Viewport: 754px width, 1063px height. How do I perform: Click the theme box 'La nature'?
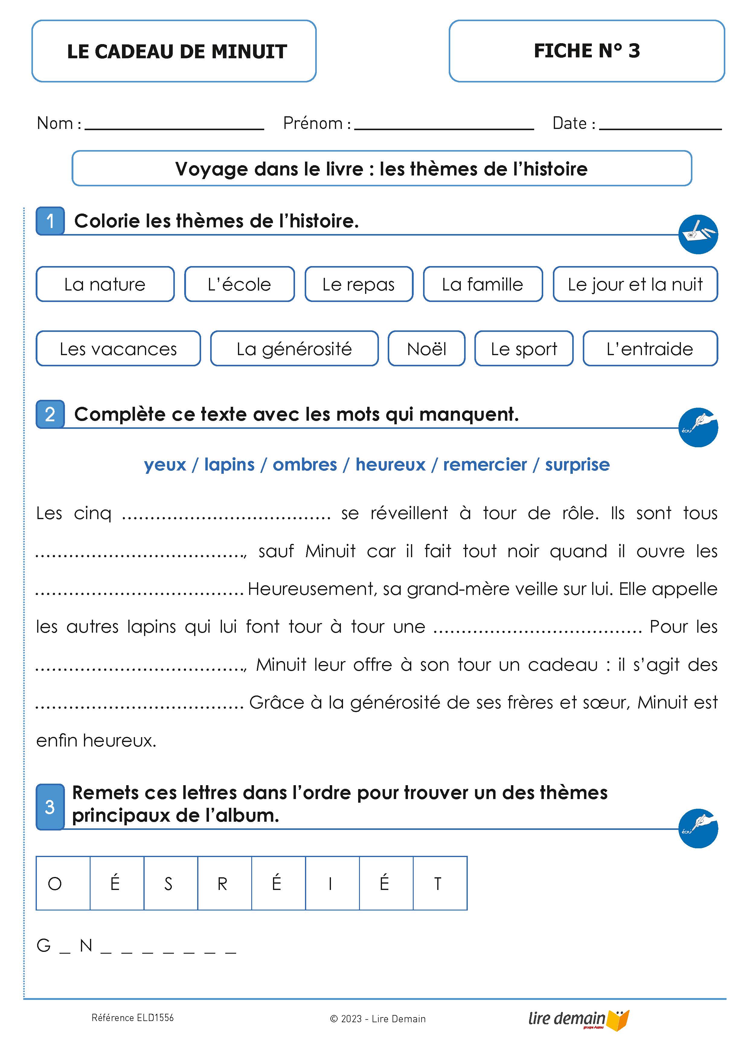click(105, 284)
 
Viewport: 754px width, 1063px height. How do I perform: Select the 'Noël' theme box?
click(426, 348)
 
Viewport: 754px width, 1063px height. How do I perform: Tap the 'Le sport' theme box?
click(524, 348)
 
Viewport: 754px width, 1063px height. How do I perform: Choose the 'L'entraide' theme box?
click(650, 348)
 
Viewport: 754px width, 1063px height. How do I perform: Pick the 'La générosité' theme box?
click(294, 348)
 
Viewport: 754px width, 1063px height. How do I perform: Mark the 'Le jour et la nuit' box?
click(635, 284)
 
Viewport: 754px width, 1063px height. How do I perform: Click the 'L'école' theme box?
click(239, 284)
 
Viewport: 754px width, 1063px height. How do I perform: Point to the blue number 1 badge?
click(50, 221)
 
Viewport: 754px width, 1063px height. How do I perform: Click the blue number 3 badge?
click(50, 807)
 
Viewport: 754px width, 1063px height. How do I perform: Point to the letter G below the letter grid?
click(44, 946)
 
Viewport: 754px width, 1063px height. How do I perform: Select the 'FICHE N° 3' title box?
click(586, 51)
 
